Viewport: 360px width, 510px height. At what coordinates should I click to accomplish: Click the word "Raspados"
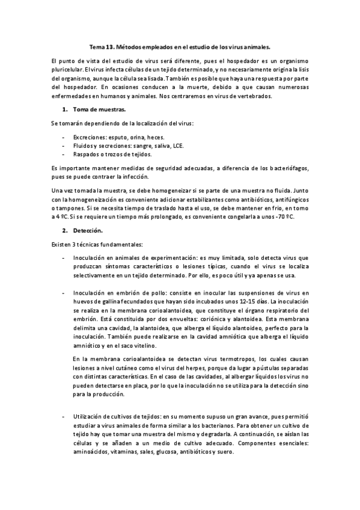[86, 154]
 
